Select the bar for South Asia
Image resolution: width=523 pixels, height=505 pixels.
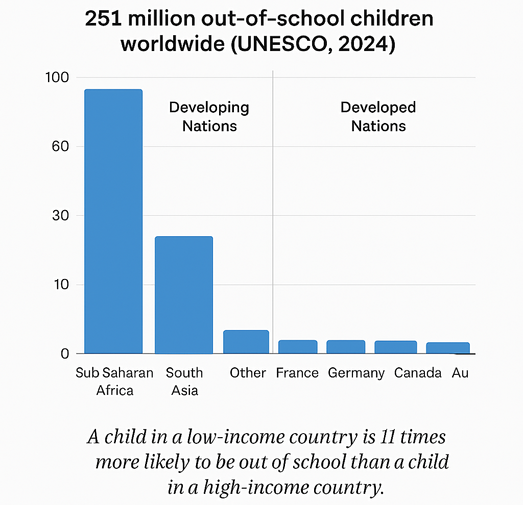tap(184, 295)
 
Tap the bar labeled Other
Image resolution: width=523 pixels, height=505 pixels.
tap(246, 342)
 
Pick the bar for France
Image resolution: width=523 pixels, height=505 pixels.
tap(298, 347)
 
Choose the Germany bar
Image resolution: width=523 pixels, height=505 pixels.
tap(346, 347)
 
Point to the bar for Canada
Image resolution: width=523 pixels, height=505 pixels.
tap(396, 347)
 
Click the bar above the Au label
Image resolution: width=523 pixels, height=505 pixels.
tap(448, 348)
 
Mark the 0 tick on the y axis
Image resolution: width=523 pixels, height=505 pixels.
tap(64, 353)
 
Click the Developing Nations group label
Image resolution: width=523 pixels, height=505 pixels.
tap(209, 117)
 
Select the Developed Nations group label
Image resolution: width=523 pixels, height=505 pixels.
tap(378, 117)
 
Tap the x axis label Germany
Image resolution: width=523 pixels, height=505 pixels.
tap(356, 373)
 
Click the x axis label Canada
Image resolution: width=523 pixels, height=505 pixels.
tap(418, 373)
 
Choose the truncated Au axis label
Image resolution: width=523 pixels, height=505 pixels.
tap(460, 373)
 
